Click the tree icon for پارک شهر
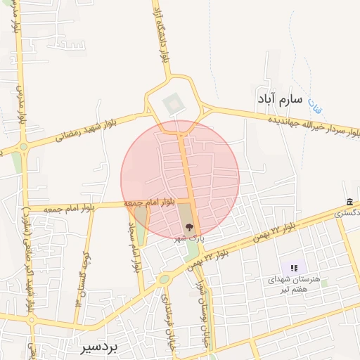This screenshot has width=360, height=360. tap(188, 226)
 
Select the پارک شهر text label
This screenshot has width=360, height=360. tap(189, 238)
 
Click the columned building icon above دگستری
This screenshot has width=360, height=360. tap(350, 202)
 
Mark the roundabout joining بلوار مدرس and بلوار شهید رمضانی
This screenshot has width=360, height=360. tap(24, 147)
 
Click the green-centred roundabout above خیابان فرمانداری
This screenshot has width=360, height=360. tap(164, 279)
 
